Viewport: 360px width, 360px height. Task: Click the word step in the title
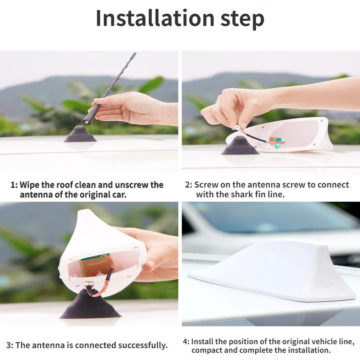tap(242, 20)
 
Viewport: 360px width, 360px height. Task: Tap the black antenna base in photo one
tap(80, 134)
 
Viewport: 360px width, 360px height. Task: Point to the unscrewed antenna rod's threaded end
tap(86, 121)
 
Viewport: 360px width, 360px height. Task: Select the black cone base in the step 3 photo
tap(90, 304)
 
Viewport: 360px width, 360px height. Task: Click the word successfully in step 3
tap(143, 345)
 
